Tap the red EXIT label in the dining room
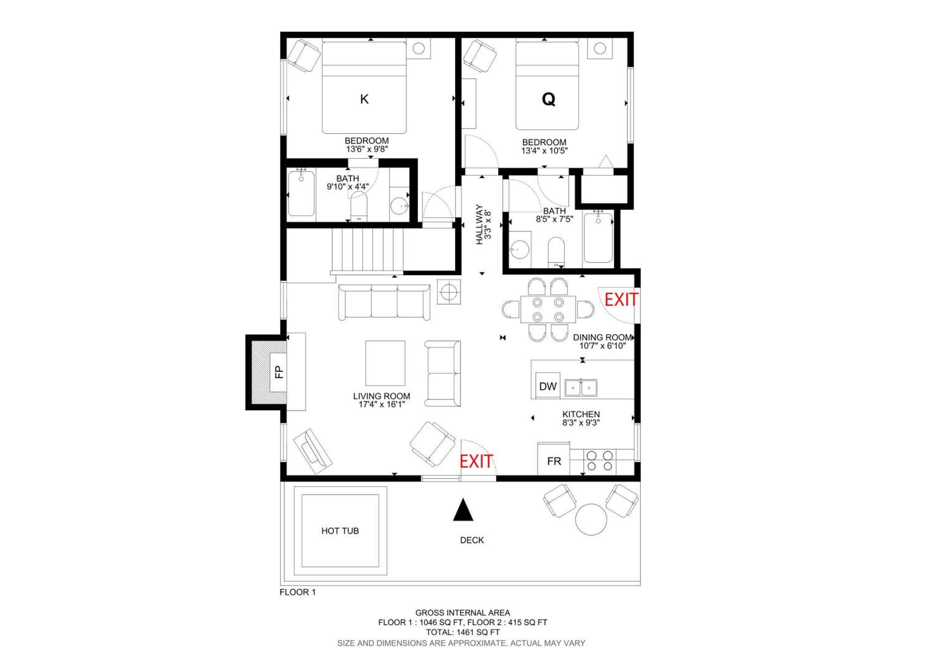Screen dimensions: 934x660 [x=621, y=300]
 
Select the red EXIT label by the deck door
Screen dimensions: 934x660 [x=476, y=462]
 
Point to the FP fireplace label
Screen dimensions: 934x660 [x=279, y=372]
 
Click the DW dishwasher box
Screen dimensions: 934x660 [x=548, y=386]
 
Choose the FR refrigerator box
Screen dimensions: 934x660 [x=554, y=459]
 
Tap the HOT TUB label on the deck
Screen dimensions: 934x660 [x=340, y=531]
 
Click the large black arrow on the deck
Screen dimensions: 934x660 [x=463, y=510]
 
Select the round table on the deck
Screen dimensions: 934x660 [x=591, y=520]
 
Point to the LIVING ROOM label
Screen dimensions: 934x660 [x=382, y=396]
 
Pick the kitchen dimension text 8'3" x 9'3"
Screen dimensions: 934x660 [x=581, y=423]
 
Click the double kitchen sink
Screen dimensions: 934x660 [x=581, y=388]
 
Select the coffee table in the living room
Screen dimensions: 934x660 [x=385, y=363]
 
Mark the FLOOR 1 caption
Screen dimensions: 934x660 [x=297, y=592]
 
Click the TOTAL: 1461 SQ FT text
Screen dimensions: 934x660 [x=463, y=632]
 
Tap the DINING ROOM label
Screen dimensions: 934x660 [x=602, y=337]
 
